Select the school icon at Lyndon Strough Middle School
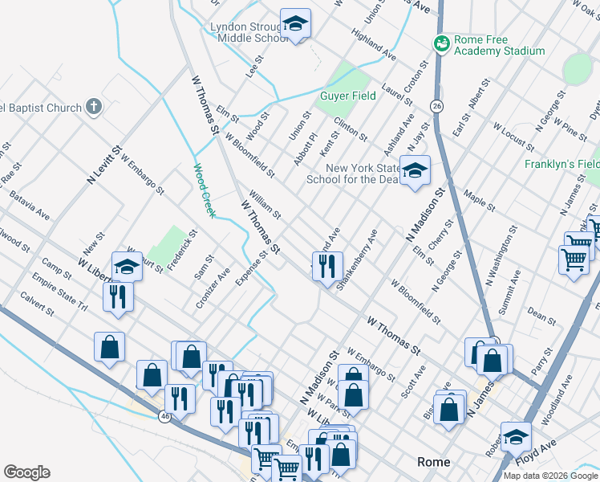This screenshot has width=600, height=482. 295,24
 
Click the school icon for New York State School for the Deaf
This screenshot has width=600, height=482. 415,170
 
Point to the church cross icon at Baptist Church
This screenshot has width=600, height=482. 94,107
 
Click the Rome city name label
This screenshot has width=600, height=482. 434,462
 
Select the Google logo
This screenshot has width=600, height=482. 26,472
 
